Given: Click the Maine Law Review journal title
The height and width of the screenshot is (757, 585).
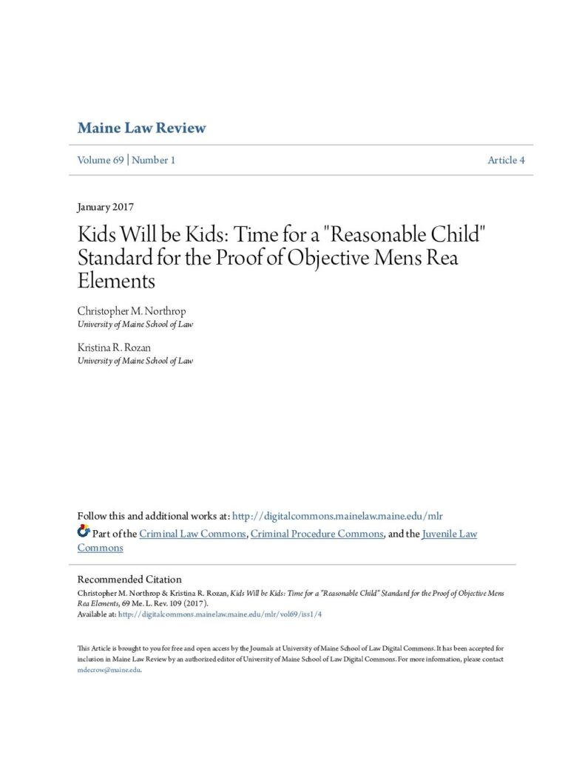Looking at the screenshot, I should click(x=141, y=128).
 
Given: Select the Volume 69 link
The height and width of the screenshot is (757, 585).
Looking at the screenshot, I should click(x=101, y=160).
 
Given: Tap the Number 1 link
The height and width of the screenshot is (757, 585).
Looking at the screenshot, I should click(x=153, y=160).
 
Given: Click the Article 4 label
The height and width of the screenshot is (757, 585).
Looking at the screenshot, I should click(x=506, y=160).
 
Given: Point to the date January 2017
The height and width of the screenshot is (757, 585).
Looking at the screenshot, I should click(x=105, y=207).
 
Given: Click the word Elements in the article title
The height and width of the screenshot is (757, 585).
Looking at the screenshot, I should click(x=116, y=281).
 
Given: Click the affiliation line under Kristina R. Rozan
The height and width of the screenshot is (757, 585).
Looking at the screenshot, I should click(x=135, y=361).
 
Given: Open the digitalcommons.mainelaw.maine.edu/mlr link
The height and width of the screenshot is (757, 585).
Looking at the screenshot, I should click(x=337, y=515).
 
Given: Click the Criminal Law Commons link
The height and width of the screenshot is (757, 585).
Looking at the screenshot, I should click(x=192, y=534).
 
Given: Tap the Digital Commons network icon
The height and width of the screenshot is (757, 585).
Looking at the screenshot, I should click(x=84, y=532).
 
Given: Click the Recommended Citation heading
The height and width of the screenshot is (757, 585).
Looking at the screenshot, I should click(x=129, y=580).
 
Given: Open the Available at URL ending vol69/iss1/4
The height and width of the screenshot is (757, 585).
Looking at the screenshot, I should click(x=220, y=614).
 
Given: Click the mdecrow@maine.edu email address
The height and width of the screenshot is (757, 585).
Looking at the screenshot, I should click(x=109, y=670).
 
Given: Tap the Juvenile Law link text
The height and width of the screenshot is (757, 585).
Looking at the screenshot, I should click(x=449, y=534).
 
